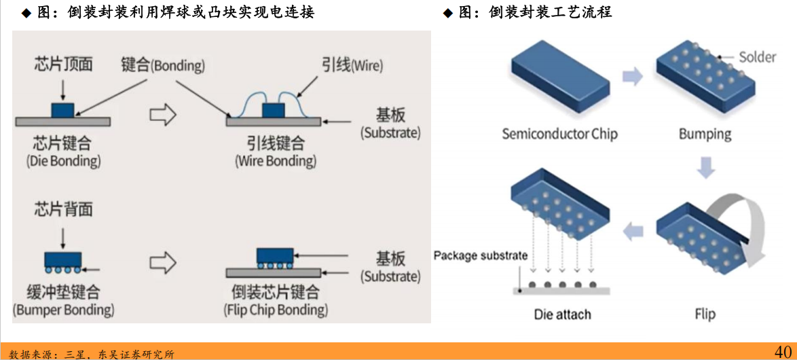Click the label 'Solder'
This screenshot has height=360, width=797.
coord(757,56)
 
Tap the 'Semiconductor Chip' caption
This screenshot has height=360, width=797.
coord(559,133)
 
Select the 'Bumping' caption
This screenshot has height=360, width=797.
coord(705,133)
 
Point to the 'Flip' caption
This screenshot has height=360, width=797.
coord(705,314)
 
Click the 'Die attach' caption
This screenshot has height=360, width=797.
coord(562,314)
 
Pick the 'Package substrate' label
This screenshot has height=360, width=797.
coord(480,256)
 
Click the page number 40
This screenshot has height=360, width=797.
coord(783,350)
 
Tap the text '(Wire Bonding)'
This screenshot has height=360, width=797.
coord(275,161)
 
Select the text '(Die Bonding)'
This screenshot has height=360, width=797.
coord(63,161)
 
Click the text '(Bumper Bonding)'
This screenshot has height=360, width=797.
coord(63,310)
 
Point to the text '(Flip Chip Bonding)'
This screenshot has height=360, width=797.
coord(275,310)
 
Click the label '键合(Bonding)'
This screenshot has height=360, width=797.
coord(162,65)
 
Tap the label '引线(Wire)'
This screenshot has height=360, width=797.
coord(352,65)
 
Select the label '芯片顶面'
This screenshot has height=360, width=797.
coord(63,65)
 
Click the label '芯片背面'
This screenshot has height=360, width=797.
coord(63,209)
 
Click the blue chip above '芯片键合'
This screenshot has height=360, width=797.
coord(63,110)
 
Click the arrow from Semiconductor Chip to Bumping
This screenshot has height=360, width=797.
coord(632,76)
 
